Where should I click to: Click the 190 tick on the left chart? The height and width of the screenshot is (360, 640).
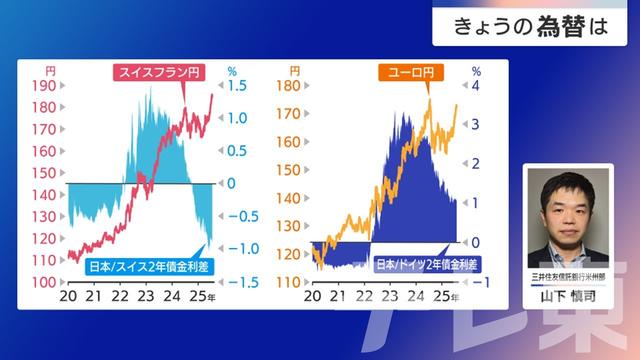[43, 86]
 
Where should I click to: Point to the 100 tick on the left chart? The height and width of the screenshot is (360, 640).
[43, 282]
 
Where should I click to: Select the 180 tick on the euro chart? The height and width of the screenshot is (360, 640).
[289, 86]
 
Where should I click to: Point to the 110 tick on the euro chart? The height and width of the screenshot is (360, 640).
[289, 282]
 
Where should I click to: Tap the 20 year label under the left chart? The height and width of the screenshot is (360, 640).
[69, 298]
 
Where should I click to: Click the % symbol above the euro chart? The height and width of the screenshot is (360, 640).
[476, 71]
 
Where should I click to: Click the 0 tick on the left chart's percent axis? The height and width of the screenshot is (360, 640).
[231, 184]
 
